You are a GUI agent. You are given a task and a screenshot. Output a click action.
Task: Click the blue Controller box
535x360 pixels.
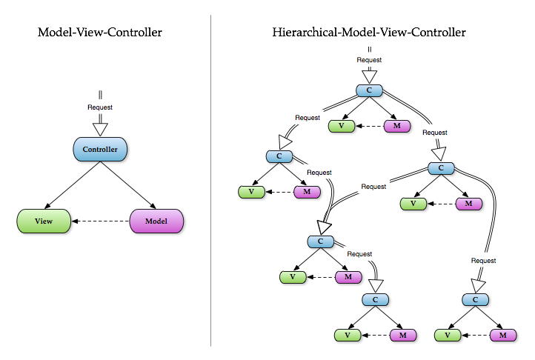coord(100,150)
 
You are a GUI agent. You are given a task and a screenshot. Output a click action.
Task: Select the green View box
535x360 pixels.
coord(43,221)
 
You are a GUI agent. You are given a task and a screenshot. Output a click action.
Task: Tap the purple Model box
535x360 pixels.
coord(156,221)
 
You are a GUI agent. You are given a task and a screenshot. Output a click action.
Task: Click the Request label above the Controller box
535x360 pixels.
coord(100,107)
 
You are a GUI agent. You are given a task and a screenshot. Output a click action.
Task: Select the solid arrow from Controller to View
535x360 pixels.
coord(72,185)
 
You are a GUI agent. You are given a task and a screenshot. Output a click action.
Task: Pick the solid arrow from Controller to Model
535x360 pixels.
coord(128,185)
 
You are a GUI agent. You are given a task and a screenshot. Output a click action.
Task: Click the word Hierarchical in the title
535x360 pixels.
coord(307,33)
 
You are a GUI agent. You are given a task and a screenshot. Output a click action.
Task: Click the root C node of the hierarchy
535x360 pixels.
coord(368,90)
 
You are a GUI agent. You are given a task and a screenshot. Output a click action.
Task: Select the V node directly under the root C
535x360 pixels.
coord(341,125)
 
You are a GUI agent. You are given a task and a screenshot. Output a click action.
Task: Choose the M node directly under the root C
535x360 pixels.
coord(397,125)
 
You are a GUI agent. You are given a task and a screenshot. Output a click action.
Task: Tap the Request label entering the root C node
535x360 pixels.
coord(368,59)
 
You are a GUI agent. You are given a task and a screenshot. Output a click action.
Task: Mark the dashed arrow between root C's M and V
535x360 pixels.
coord(369,125)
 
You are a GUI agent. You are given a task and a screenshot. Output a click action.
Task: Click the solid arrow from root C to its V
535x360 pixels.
coord(355,107)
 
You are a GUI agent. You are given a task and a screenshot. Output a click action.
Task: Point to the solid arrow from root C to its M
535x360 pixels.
coord(382,107)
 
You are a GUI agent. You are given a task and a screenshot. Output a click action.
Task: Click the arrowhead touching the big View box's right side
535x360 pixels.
coord(73,221)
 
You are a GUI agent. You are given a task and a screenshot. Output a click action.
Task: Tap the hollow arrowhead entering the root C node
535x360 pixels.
coord(368,76)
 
